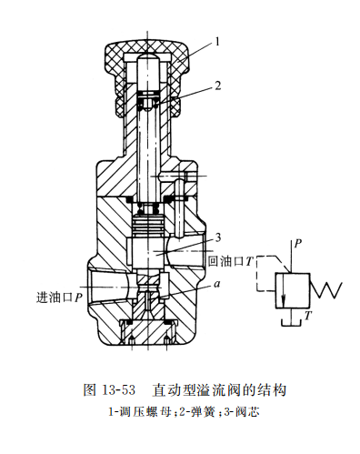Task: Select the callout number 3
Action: click(x=217, y=237)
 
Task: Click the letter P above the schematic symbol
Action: click(x=297, y=244)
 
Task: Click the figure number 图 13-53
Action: click(x=106, y=389)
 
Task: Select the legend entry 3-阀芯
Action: click(x=234, y=410)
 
